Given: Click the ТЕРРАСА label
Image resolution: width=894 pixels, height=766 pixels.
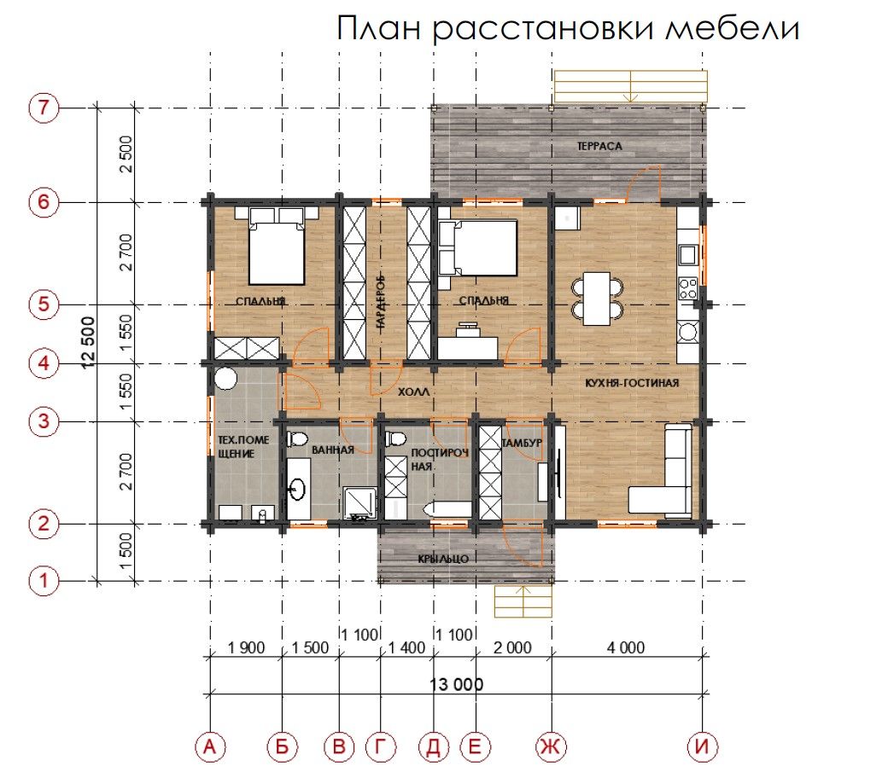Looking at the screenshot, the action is pyautogui.click(x=599, y=147).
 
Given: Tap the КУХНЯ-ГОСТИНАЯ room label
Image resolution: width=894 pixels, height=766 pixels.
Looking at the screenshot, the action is pyautogui.click(x=632, y=383).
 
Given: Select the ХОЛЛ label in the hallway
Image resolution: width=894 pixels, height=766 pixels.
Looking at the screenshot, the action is pyautogui.click(x=413, y=392).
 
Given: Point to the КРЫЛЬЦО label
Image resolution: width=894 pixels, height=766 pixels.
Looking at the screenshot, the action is pyautogui.click(x=443, y=560).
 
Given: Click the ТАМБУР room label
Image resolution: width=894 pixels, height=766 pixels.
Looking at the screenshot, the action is pyautogui.click(x=522, y=443).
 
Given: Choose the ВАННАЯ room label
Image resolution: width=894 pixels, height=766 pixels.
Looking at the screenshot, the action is pyautogui.click(x=333, y=450).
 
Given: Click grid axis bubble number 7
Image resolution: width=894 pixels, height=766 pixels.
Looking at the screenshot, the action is pyautogui.click(x=44, y=107).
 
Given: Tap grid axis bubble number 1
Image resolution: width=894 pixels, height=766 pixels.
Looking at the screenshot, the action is pyautogui.click(x=44, y=581).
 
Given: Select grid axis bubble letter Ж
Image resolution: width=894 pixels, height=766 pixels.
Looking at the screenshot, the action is pyautogui.click(x=551, y=746).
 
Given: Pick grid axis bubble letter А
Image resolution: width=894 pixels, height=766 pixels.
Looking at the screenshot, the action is pyautogui.click(x=210, y=746).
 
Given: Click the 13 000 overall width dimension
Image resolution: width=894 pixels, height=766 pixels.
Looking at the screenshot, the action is pyautogui.click(x=456, y=684).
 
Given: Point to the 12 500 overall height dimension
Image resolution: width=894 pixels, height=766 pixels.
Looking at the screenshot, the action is pyautogui.click(x=88, y=343).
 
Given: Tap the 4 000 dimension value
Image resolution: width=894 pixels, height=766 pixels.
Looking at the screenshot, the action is pyautogui.click(x=625, y=647).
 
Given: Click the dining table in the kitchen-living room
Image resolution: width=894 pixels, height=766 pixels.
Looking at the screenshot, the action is pyautogui.click(x=597, y=299).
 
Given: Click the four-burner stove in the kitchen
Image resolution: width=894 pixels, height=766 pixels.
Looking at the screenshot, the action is pyautogui.click(x=688, y=288).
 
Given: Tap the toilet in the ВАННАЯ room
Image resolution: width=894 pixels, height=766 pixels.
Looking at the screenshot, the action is pyautogui.click(x=297, y=439).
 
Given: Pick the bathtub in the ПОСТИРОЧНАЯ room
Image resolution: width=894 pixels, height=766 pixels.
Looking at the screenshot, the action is pyautogui.click(x=447, y=509).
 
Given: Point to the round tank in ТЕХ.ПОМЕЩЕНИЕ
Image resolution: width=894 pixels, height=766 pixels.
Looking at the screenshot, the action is pyautogui.click(x=225, y=378).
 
